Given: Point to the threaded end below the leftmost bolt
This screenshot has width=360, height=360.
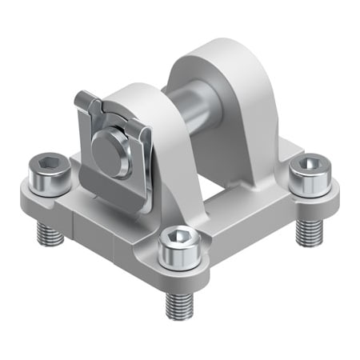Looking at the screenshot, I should [50, 233].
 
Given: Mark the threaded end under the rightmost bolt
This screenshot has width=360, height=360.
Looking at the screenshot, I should [307, 230].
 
